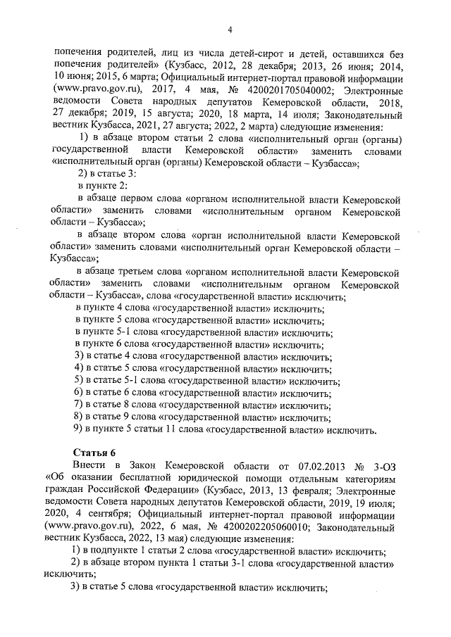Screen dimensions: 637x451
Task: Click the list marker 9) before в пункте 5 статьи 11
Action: (x=79, y=428)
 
